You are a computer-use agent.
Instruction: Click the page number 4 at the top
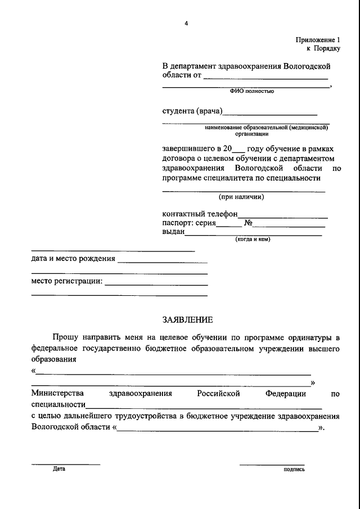tap(186, 23)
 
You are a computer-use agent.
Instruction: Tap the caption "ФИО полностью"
tap(251, 91)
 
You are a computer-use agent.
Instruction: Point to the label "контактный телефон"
tap(200, 214)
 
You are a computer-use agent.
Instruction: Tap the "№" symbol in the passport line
tap(247, 223)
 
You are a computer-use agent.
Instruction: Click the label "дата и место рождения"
tap(73, 259)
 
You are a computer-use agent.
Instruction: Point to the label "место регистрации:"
tap(67, 281)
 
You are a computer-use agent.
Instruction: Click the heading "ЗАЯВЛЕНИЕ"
tap(187, 320)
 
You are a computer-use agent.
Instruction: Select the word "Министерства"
tap(57, 394)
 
